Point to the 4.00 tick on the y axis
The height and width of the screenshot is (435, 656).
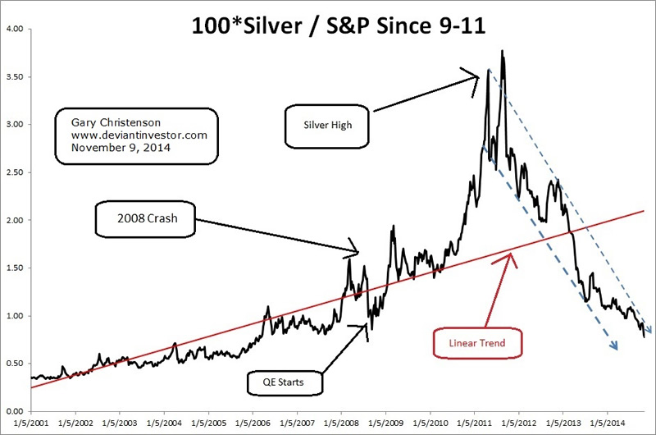pos(15,30)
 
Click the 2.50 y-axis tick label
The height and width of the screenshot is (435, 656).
pos(15,173)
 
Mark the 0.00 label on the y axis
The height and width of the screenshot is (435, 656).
pos(15,411)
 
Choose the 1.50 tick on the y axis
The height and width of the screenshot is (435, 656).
pos(15,268)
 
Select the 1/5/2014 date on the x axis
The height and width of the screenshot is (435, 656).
pos(606,424)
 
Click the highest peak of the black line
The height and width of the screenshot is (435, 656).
pos(502,52)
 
